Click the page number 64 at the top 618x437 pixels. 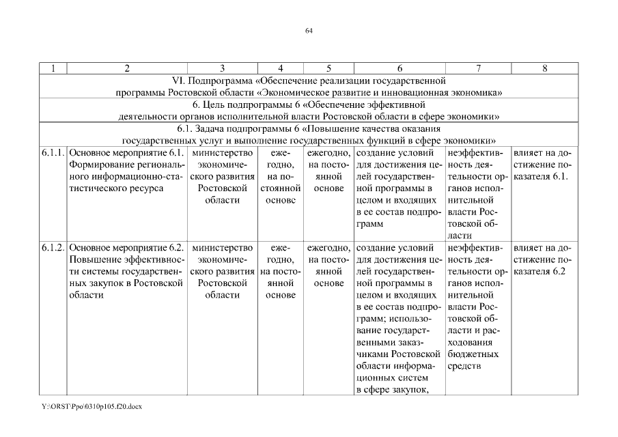point(309,31)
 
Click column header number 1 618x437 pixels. point(53,68)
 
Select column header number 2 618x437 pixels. point(127,68)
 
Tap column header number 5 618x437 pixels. point(328,68)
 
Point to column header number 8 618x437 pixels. point(544,68)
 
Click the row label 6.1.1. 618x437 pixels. point(53,152)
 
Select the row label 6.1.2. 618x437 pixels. point(53,247)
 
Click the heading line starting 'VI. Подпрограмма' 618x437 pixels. point(309,80)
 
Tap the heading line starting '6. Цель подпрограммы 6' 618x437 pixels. point(309,104)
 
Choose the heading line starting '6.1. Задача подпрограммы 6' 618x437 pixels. point(309,128)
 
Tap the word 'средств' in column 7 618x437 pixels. point(464,367)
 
